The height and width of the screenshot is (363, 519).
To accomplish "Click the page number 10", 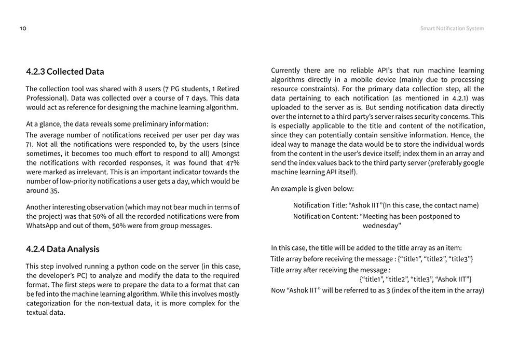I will (23, 29).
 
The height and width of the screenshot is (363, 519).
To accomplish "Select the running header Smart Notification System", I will (452, 29).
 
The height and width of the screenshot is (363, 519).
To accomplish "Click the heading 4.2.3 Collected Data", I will (65, 72).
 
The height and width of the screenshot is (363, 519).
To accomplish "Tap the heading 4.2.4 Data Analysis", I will (62, 249).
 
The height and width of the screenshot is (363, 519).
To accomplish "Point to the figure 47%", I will (233, 163).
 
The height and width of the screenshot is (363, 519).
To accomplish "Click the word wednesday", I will (381, 226).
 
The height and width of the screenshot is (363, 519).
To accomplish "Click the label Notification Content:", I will (325, 216).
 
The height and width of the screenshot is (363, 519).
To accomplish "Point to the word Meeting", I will (378, 216).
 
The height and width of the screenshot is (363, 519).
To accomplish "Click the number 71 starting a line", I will (30, 144).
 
